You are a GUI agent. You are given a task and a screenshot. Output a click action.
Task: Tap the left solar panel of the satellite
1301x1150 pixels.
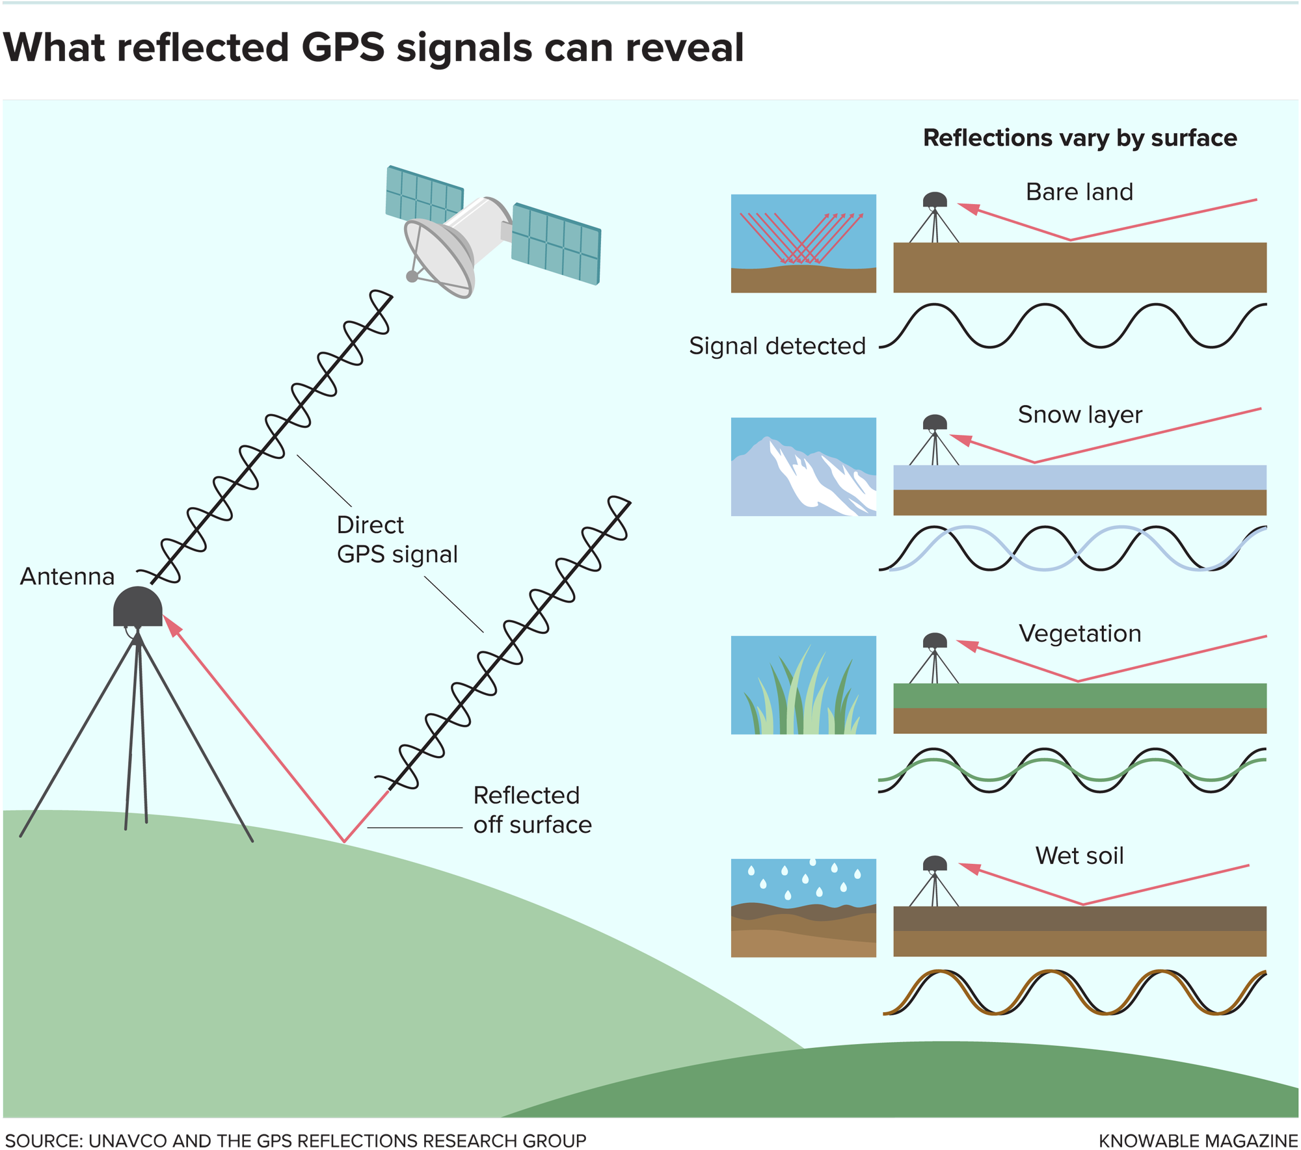pyautogui.click(x=424, y=194)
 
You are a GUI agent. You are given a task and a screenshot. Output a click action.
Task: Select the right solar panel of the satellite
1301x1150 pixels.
pyautogui.click(x=556, y=244)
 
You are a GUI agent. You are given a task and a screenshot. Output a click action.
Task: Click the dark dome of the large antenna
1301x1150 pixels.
pyautogui.click(x=137, y=607)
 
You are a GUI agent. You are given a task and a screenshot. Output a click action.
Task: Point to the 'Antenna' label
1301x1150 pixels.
pyautogui.click(x=67, y=577)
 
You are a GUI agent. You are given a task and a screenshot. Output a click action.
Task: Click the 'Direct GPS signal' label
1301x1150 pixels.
pyautogui.click(x=397, y=540)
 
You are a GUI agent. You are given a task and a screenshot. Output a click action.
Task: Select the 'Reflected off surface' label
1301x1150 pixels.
pyautogui.click(x=532, y=810)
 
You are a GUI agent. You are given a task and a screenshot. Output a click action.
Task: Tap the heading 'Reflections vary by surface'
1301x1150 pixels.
pyautogui.click(x=1080, y=138)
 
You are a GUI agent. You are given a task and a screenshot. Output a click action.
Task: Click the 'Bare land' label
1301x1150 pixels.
pyautogui.click(x=1079, y=192)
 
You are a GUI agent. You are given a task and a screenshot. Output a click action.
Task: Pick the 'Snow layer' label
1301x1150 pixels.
pyautogui.click(x=1080, y=415)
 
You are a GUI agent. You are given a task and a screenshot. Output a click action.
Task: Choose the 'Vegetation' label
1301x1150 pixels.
pyautogui.click(x=1080, y=633)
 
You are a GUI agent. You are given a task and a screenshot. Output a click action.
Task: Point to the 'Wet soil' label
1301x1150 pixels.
pyautogui.click(x=1080, y=856)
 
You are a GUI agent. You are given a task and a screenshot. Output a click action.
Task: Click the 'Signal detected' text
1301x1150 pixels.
pyautogui.click(x=777, y=346)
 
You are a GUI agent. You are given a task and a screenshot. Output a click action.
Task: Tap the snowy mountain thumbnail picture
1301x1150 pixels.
pyautogui.click(x=803, y=467)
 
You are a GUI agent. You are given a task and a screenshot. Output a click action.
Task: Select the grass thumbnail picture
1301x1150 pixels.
pyautogui.click(x=803, y=685)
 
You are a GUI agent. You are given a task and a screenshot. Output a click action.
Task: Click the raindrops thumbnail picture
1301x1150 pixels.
pyautogui.click(x=803, y=908)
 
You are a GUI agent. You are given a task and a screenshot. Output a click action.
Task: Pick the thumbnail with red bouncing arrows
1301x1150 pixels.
pyautogui.click(x=803, y=243)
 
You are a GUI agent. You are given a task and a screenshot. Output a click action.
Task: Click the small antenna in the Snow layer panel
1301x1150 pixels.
pyautogui.click(x=935, y=439)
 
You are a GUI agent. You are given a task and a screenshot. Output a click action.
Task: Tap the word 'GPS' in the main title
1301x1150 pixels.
pyautogui.click(x=343, y=47)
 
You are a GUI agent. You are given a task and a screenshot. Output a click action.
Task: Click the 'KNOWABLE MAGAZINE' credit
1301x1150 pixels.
pyautogui.click(x=1198, y=1141)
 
